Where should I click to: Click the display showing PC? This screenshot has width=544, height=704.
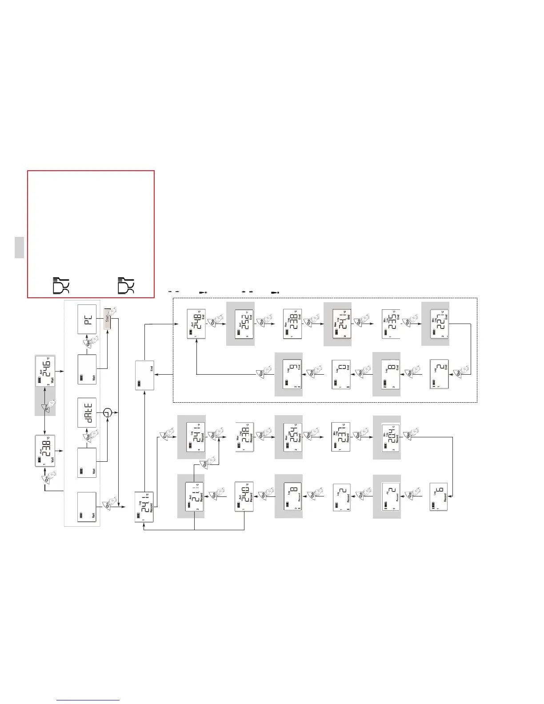87,319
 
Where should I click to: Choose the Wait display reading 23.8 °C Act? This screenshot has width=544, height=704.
45,451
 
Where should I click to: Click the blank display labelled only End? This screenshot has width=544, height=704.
144,376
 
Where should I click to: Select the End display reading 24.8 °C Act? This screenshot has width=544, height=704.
196,324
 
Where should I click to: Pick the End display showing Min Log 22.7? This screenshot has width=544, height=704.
440,324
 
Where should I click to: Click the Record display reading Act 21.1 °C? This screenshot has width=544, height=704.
195,496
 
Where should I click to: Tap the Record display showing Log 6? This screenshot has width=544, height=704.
439,496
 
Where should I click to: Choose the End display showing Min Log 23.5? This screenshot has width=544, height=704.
391,324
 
